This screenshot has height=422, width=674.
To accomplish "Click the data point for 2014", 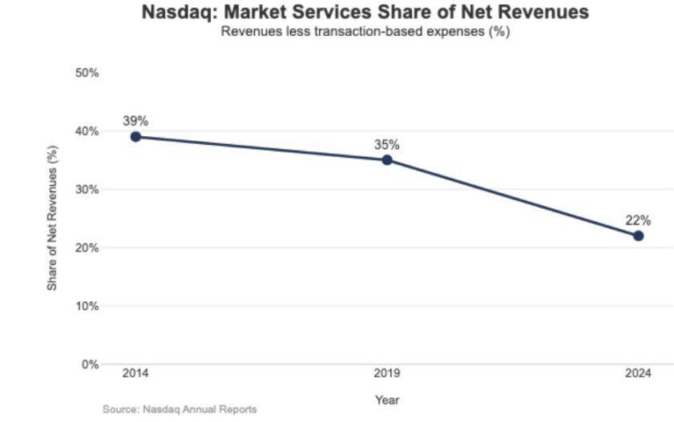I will [135, 137].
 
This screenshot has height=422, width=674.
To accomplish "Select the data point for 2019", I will [387, 160].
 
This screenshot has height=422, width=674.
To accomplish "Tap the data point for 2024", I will [638, 235].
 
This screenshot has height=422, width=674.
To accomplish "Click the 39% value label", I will [135, 121].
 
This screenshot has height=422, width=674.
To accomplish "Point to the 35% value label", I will [387, 145].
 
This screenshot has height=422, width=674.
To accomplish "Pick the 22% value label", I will [638, 220].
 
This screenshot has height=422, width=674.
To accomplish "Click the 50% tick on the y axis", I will [87, 73].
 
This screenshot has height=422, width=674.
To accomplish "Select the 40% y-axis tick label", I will [87, 131].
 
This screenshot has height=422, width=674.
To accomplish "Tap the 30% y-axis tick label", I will [87, 190].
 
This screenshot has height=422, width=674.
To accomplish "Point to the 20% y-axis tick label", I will [87, 248].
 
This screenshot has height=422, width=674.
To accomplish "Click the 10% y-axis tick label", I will [87, 307].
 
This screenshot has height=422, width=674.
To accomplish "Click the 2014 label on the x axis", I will [135, 374].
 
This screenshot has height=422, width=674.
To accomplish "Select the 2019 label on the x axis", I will [387, 374].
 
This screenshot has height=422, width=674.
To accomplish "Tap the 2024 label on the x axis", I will [639, 374].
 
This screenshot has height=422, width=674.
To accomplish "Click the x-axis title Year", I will [386, 400].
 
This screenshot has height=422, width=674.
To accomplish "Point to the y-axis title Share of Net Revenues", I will [52, 218].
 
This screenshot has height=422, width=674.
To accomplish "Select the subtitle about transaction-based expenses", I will [365, 32].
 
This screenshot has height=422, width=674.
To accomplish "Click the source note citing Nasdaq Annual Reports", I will [180, 409].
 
